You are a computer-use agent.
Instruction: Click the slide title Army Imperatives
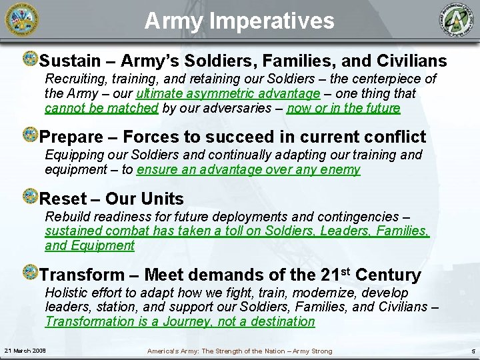[240, 21]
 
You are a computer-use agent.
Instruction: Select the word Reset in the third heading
[61, 199]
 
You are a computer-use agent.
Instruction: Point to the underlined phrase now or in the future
[343, 108]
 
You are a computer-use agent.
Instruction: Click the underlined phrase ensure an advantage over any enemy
[248, 169]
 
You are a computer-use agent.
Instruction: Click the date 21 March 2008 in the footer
[24, 351]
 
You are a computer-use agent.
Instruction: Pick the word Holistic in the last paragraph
[66, 293]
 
